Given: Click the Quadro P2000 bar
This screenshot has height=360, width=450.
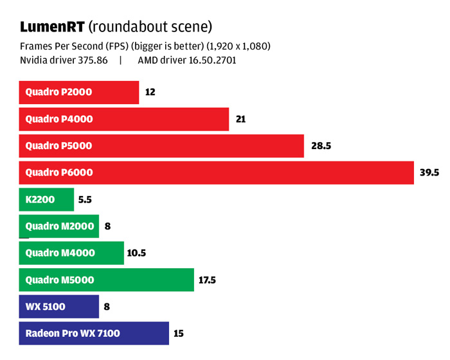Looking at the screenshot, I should coord(79,92).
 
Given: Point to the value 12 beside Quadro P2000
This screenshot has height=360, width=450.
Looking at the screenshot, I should coord(150,92).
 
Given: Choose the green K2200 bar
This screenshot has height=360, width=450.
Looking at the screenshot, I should coord(46,199).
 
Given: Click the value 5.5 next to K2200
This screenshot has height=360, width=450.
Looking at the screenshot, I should coord(85,199).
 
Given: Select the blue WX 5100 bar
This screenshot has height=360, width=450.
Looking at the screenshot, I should coord(59,307).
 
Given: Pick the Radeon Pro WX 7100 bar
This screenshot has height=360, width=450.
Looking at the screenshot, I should coord(94,333).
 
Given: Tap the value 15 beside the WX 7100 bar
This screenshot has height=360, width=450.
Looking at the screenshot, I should coord(179,333).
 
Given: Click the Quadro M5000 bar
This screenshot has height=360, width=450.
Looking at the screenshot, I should coord(106,280).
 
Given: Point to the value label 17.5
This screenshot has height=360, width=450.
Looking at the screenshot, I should coord(207,280).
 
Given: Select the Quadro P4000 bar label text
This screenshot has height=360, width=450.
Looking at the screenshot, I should coord(59,119).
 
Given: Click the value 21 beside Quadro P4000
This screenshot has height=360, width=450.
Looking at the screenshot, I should coord(241,119).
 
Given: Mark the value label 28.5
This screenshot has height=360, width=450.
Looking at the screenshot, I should coord(321,146).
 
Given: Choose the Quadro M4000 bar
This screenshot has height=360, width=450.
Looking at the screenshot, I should coord(71,253).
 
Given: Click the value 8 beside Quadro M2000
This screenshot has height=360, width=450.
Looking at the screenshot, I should coord(107,226).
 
